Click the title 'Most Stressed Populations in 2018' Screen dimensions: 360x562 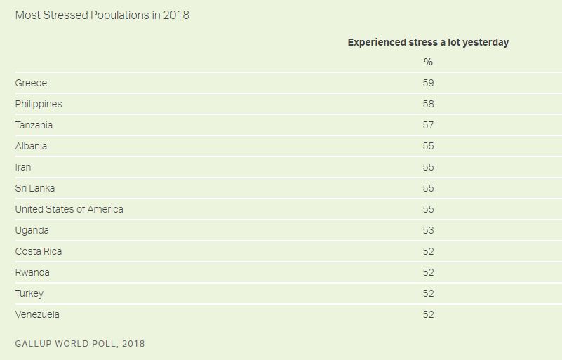click(102, 15)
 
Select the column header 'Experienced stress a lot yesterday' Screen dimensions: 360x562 click(428, 42)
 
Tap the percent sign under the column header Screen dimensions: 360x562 click(428, 62)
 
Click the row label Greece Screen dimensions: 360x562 click(31, 83)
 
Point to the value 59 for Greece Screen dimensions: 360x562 click(428, 83)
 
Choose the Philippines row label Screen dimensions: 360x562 click(39, 104)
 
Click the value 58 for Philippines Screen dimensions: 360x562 click(428, 104)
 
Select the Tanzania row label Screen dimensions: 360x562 click(34, 125)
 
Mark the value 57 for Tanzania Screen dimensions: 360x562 click(428, 125)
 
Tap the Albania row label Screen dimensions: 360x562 click(31, 146)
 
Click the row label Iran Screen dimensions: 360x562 click(23, 167)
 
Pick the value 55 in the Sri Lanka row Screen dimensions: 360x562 click(428, 188)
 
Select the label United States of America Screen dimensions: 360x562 click(69, 209)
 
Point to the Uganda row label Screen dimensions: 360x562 click(32, 230)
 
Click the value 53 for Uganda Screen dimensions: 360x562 click(428, 230)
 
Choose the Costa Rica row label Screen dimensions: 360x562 click(39, 251)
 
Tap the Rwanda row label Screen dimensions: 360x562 click(32, 272)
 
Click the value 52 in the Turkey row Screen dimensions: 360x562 click(428, 293)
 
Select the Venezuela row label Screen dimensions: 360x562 click(37, 314)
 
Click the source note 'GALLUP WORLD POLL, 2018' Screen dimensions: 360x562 click(80, 344)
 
